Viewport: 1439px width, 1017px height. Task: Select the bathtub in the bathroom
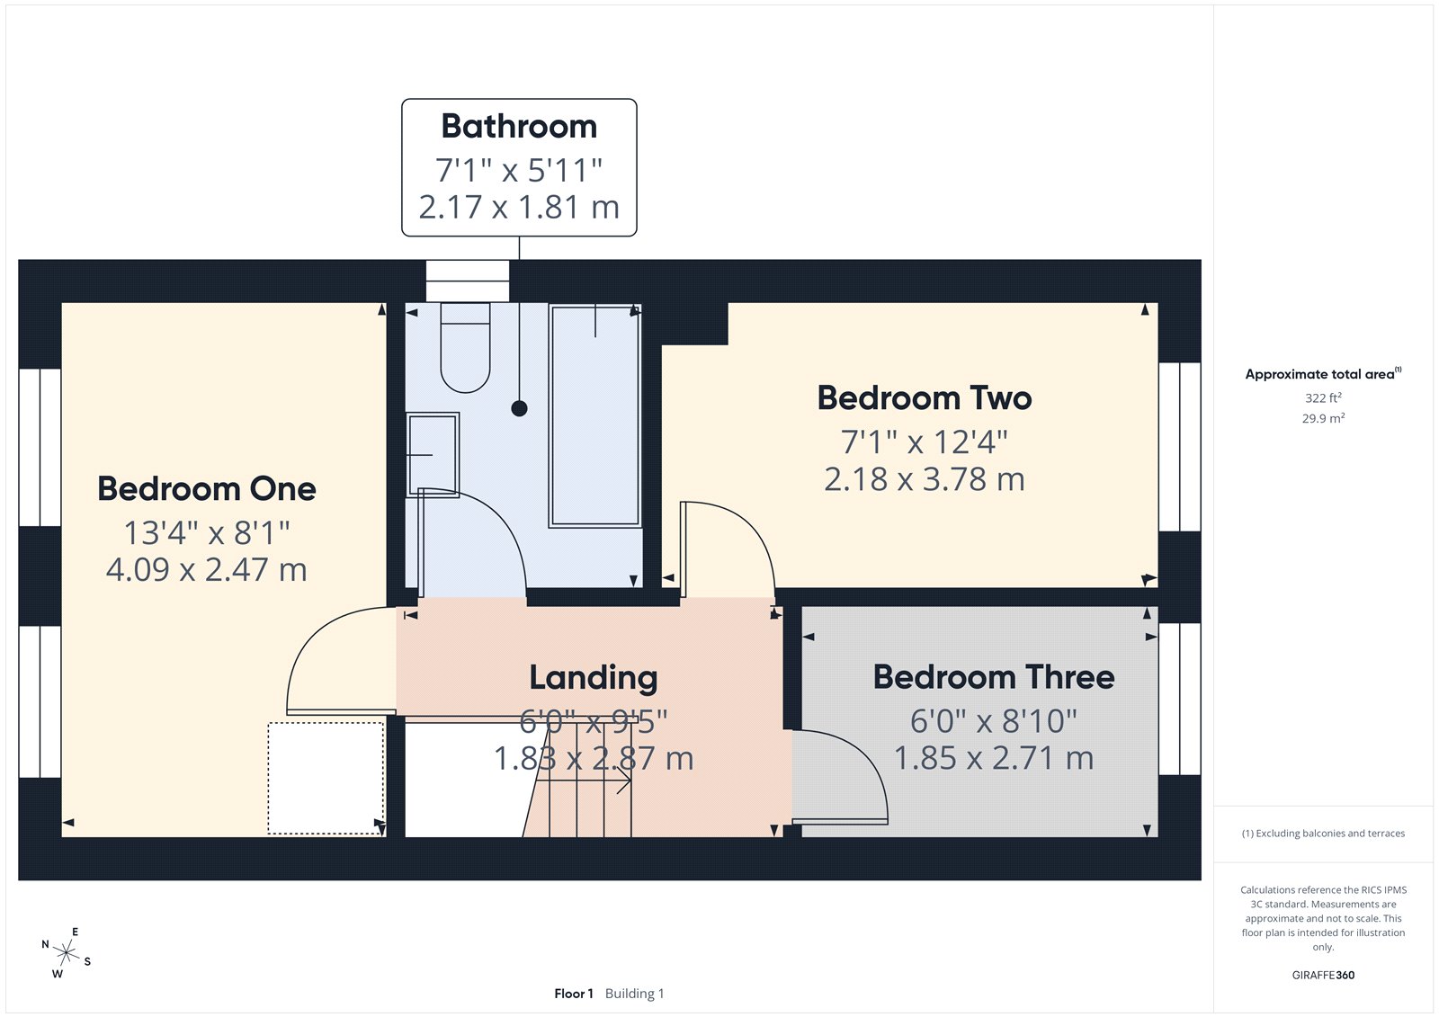click(594, 415)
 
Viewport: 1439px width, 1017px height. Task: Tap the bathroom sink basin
click(433, 454)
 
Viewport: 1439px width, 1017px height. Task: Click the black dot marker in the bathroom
click(519, 408)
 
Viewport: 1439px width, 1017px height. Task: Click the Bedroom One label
click(207, 489)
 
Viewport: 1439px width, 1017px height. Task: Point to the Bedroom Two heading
click(924, 398)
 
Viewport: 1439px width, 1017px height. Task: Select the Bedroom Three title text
click(993, 677)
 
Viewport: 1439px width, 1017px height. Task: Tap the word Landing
click(593, 678)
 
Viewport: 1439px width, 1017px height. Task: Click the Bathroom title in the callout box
click(519, 127)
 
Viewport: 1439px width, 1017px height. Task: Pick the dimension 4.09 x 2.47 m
click(207, 570)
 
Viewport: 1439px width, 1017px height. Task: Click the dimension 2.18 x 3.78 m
click(924, 479)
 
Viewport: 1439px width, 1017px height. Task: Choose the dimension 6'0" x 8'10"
click(993, 721)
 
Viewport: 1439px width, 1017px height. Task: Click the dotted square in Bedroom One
click(326, 778)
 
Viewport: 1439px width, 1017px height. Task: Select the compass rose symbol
click(67, 952)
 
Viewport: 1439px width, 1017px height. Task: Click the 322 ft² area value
click(1323, 397)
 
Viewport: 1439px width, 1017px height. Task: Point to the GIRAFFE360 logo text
click(1323, 975)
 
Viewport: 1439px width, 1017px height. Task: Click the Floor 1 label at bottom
click(574, 994)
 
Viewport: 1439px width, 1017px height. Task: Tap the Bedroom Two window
click(1179, 447)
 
